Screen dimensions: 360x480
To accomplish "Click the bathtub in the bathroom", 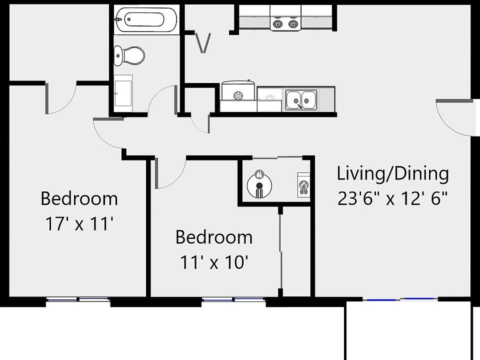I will tap(145, 20).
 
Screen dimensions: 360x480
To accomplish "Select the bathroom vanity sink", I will tap(123, 93).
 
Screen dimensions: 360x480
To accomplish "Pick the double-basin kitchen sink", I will tap(301, 99).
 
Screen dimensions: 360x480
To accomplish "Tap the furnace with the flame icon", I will tap(303, 185).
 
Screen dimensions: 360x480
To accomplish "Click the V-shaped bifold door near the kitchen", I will tap(202, 43).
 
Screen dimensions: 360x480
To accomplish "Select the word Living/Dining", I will tap(392, 174).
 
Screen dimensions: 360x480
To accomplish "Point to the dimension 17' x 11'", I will tap(79, 223).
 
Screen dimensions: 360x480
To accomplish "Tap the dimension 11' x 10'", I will tap(214, 261).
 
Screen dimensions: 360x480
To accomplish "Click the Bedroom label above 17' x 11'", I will tap(79, 198).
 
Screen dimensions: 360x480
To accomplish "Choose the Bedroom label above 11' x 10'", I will tap(214, 237).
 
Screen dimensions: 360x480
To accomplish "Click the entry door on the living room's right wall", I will tap(452, 116).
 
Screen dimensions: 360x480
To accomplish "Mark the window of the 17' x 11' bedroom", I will tap(78, 299).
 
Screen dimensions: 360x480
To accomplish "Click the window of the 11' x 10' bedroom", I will tap(233, 299).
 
